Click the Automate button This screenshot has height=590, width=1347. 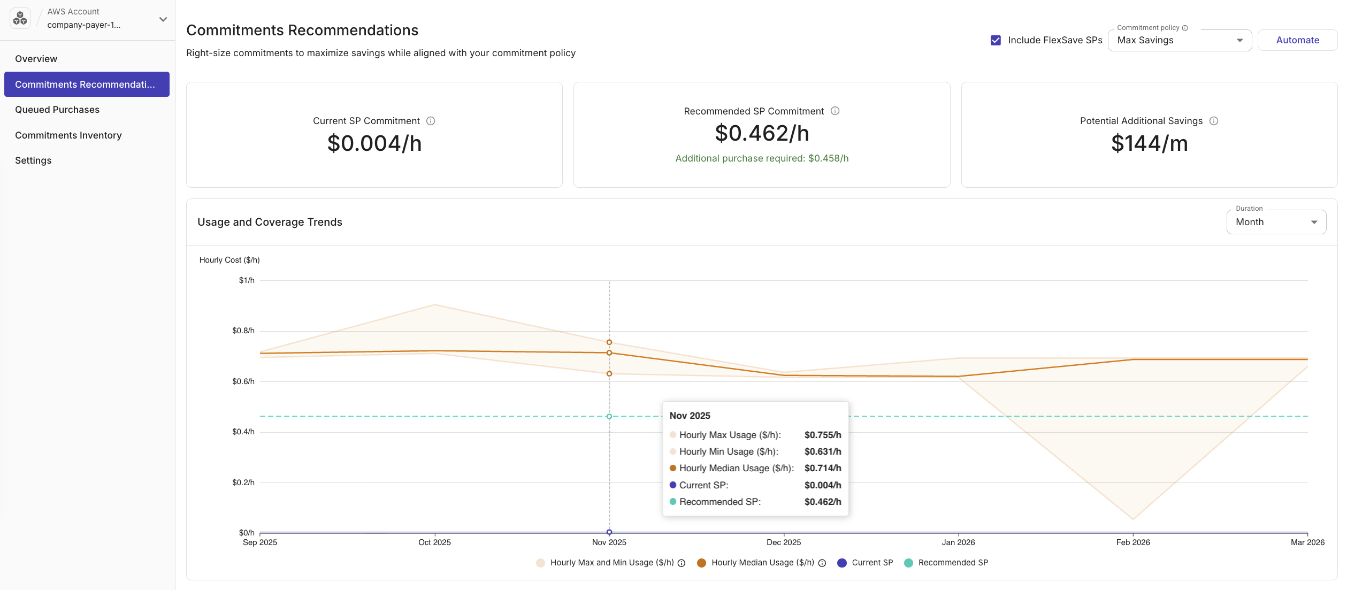point(1297,40)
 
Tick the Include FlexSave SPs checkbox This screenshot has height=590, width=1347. point(995,40)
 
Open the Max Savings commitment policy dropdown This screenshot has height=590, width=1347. point(1179,40)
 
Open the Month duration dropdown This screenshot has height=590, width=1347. point(1275,222)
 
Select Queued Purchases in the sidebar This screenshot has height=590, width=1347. point(57,110)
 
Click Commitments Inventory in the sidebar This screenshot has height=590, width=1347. point(68,135)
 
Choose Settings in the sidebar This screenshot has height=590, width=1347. point(33,160)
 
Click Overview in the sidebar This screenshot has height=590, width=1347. point(36,59)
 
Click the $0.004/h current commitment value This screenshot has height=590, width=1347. point(374,143)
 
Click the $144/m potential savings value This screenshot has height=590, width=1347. point(1149,143)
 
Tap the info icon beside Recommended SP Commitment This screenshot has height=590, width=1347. point(835,111)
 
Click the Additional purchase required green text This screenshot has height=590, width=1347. point(761,158)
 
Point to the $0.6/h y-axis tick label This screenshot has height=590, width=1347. point(243,381)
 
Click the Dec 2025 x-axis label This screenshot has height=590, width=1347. point(783,542)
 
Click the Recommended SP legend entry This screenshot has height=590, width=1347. point(952,563)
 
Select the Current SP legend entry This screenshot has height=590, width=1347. point(871,563)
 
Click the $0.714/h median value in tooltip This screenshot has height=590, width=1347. point(822,468)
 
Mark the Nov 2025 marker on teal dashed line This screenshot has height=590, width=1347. point(609,416)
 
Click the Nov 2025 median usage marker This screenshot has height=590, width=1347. point(609,353)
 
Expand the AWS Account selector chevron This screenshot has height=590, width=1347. point(163,19)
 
